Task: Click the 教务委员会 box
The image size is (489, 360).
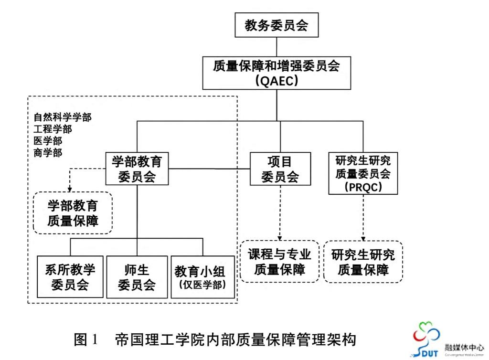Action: tap(276, 26)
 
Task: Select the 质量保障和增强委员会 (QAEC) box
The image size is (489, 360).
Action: tap(276, 73)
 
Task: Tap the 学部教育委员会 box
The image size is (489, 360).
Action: tap(137, 169)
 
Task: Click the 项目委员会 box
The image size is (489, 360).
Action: tap(280, 169)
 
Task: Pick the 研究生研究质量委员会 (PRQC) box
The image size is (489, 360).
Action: tap(363, 173)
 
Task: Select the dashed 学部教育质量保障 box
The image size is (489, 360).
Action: tap(73, 213)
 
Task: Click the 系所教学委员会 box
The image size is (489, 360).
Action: tap(70, 277)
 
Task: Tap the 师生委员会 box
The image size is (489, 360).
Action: tap(137, 277)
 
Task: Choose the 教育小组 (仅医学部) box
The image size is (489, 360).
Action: tap(202, 277)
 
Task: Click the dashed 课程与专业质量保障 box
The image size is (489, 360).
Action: tap(280, 262)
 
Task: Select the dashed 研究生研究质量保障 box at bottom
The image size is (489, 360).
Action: tap(363, 262)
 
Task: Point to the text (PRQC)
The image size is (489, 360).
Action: tap(363, 186)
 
